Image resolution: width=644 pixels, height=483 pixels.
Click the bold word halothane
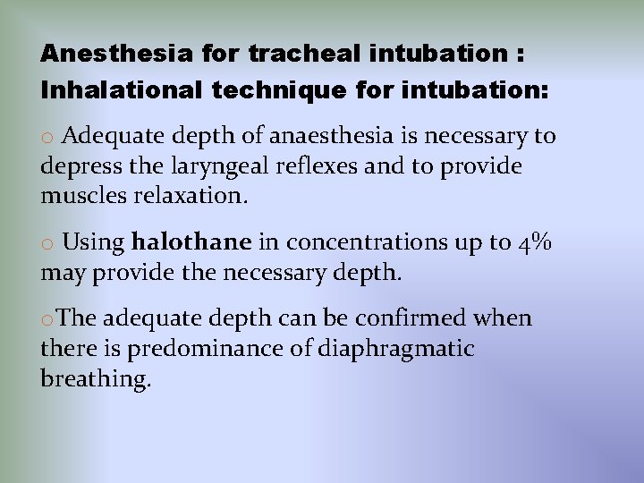(191, 242)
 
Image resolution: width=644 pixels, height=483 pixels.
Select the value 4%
(535, 242)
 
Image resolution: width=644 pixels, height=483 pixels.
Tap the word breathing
(95, 379)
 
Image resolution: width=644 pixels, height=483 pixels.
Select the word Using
(95, 243)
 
